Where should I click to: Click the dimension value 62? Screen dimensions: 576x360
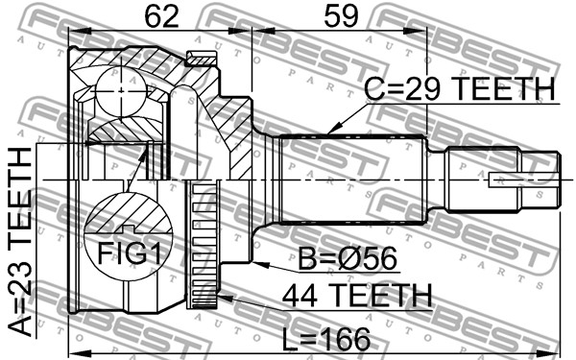[x=162, y=16]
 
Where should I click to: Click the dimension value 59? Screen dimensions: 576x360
[x=340, y=16]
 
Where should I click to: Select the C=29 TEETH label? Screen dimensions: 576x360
[x=459, y=88]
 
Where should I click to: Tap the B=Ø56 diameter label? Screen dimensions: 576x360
[x=348, y=258]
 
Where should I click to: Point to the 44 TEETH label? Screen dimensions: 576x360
[x=357, y=296]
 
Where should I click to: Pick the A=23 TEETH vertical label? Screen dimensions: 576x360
[x=20, y=242]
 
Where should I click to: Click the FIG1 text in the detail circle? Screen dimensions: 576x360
[x=129, y=253]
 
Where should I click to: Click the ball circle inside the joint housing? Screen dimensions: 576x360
[x=121, y=92]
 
